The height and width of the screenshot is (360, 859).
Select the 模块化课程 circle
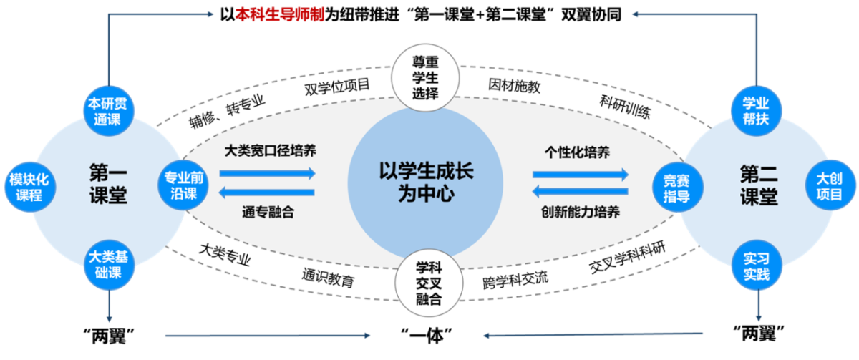pos(29,188)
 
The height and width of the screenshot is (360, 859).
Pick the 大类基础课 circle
pos(110,265)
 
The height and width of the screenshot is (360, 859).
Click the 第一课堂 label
pos(108,185)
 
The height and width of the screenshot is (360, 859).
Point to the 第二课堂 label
pos(758,185)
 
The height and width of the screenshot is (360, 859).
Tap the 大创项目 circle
pos(830,185)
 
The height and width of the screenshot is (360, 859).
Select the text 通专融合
pos(268,212)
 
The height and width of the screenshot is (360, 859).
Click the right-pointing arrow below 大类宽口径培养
pos(267,173)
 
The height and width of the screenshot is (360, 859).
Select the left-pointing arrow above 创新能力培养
pos(581,191)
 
